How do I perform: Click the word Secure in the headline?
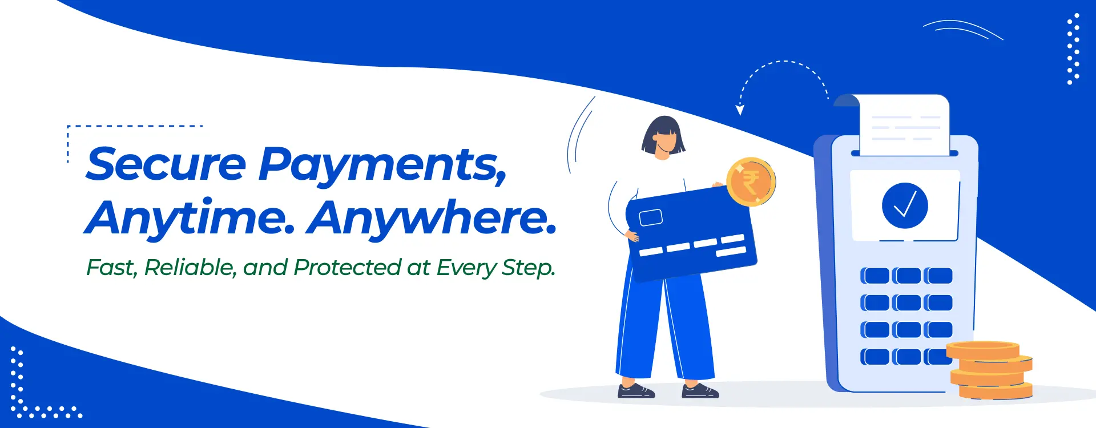coord(166,164)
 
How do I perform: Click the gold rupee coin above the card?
coord(751,182)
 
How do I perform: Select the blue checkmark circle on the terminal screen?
coord(905,205)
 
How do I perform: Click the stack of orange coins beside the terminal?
coord(991,370)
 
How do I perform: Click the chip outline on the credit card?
coord(651,217)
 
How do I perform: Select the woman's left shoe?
coord(636,391)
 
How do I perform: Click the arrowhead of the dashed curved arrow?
coord(740,110)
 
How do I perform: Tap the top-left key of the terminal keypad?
coord(875,276)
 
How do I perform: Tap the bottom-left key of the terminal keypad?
coord(875,357)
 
